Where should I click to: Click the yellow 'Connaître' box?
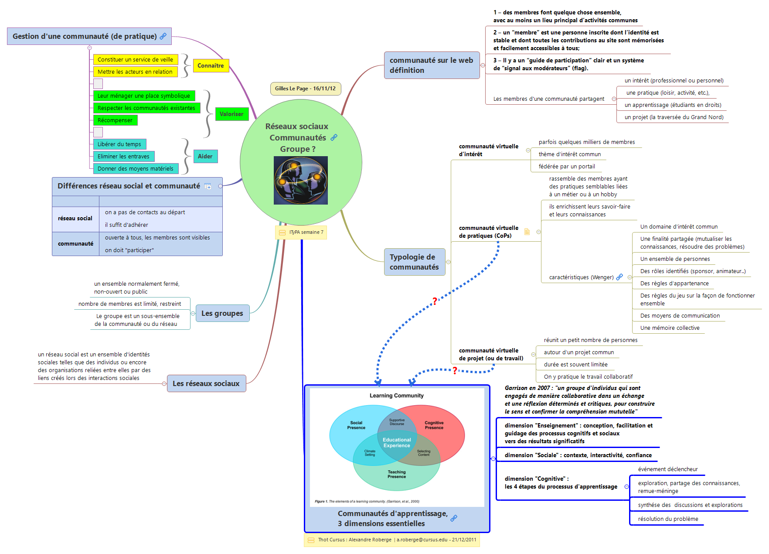tap(211, 65)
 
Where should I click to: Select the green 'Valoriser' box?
tap(231, 114)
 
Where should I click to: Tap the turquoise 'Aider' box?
tap(205, 156)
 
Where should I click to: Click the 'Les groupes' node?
tap(222, 313)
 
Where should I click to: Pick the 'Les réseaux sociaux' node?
tap(206, 383)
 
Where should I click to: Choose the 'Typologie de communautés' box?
tap(414, 262)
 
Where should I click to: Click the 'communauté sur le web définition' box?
tap(431, 65)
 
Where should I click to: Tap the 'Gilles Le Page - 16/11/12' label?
tap(305, 89)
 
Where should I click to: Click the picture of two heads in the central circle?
tap(300, 180)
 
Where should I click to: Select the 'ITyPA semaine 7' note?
tap(301, 232)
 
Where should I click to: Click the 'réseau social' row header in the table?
tap(75, 219)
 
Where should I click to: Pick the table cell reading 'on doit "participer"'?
tap(129, 250)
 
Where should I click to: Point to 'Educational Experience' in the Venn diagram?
tap(397, 443)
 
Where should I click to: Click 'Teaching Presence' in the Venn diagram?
tap(397, 474)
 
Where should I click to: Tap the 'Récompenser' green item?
tap(115, 120)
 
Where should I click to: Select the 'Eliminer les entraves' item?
tap(123, 156)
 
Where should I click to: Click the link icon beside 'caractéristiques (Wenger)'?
tap(619, 277)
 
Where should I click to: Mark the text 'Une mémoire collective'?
tap(670, 328)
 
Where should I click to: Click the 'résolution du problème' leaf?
tap(668, 519)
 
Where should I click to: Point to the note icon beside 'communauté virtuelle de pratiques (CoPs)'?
tap(527, 232)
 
